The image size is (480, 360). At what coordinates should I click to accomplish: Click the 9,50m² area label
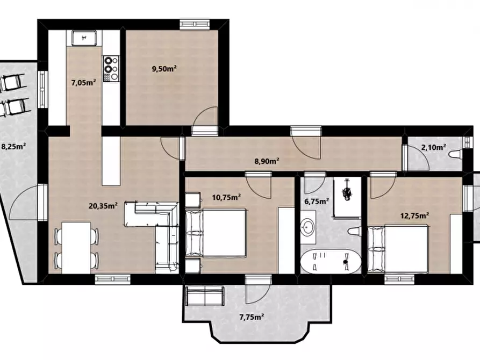click(x=164, y=69)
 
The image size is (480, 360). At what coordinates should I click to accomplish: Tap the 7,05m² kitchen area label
click(x=83, y=82)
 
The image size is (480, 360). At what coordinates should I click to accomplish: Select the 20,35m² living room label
click(x=103, y=206)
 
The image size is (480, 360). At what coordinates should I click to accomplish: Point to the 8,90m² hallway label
click(x=267, y=161)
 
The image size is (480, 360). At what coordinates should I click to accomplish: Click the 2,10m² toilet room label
click(x=433, y=148)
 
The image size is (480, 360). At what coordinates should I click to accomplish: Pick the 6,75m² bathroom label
click(x=317, y=201)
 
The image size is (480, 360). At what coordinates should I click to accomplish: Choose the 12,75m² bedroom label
click(x=414, y=215)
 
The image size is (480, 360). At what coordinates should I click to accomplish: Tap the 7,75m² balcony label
click(x=252, y=317)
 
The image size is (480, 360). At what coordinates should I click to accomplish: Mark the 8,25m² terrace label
click(x=13, y=146)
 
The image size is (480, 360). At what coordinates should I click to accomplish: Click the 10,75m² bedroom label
click(x=226, y=197)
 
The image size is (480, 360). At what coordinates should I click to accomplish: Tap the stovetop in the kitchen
click(x=111, y=69)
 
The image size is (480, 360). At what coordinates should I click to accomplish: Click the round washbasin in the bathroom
click(x=308, y=227)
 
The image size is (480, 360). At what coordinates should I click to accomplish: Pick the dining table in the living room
click(x=76, y=248)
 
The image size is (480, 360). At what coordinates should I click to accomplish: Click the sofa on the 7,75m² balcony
click(x=205, y=296)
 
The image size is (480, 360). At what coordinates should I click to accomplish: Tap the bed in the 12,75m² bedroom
click(x=397, y=249)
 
